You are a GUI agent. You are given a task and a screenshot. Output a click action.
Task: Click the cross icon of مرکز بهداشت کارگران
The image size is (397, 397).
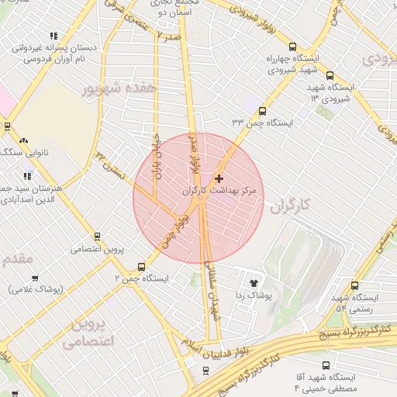click(x=219, y=178)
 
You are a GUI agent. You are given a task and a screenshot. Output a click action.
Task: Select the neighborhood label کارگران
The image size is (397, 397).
click(x=291, y=206)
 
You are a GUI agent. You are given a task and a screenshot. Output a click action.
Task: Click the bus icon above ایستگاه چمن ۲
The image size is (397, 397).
click(x=140, y=264)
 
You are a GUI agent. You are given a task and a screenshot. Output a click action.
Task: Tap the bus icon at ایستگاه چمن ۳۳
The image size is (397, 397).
click(x=262, y=111)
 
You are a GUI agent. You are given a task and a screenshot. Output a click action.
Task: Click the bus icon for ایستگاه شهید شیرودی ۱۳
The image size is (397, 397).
click(x=330, y=76)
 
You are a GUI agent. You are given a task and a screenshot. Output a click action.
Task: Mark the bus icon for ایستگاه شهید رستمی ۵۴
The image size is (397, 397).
click(x=355, y=285)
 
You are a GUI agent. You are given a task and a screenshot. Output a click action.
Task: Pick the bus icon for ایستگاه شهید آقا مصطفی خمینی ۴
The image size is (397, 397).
click(x=323, y=363)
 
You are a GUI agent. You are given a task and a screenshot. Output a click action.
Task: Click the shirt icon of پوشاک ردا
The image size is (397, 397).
click(x=254, y=282)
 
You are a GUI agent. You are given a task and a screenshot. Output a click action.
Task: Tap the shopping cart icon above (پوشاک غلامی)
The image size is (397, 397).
click(x=35, y=277)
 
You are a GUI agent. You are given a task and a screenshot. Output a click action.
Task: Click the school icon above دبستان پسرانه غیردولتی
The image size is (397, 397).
click(x=54, y=36)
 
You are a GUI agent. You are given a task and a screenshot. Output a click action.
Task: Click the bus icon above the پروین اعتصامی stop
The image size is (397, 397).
click(x=97, y=236)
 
